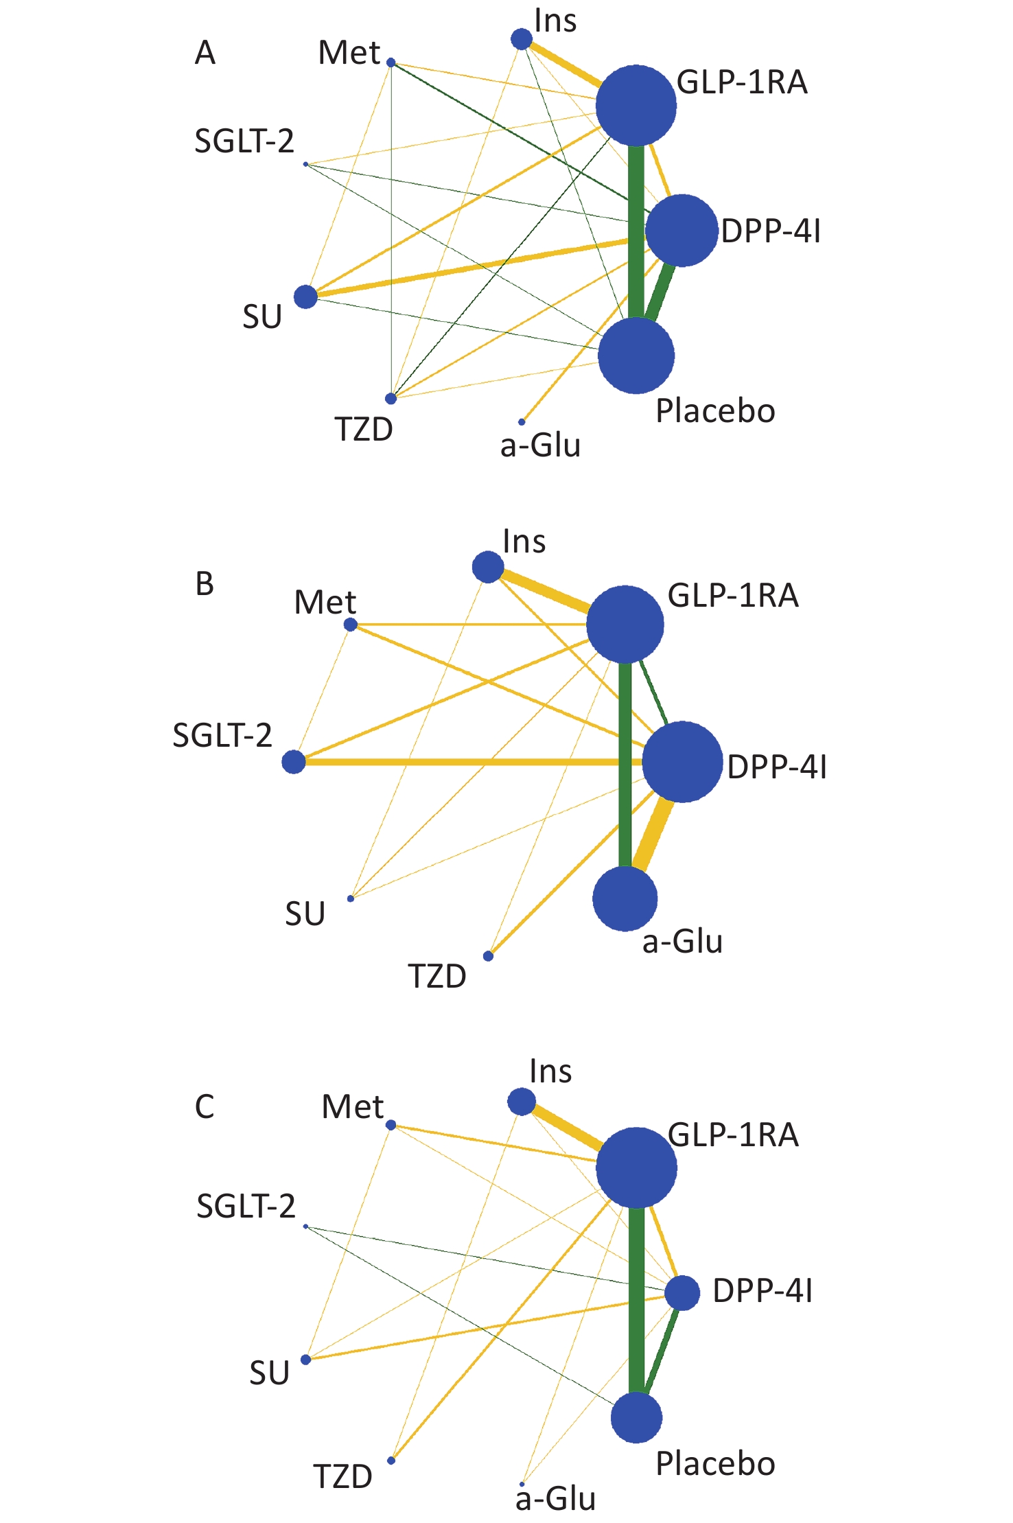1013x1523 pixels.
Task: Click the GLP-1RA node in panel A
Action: pyautogui.click(x=636, y=106)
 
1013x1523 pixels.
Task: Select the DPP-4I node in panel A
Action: pyautogui.click(x=682, y=231)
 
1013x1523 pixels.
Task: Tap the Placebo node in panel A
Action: pyautogui.click(x=636, y=356)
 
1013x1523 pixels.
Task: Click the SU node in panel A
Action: pyautogui.click(x=305, y=297)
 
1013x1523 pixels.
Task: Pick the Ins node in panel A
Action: pyautogui.click(x=522, y=39)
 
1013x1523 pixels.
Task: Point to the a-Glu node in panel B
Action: pyautogui.click(x=625, y=898)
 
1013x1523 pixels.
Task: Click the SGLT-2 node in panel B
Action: pyautogui.click(x=294, y=761)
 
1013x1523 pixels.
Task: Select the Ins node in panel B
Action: pyautogui.click(x=488, y=568)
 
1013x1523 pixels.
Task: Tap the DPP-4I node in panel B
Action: pyautogui.click(x=682, y=761)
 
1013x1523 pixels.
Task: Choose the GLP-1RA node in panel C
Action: pyautogui.click(x=636, y=1167)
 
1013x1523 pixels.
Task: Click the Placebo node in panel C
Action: pyautogui.click(x=636, y=1417)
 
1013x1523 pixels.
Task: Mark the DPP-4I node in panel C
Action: pyautogui.click(x=682, y=1293)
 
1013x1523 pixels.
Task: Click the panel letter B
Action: pyautogui.click(x=205, y=584)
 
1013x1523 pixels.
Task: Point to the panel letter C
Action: pyautogui.click(x=205, y=1107)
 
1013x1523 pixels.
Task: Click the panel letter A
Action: pyautogui.click(x=205, y=53)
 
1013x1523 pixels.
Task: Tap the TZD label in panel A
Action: pyautogui.click(x=364, y=430)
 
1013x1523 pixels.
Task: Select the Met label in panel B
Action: pyautogui.click(x=325, y=603)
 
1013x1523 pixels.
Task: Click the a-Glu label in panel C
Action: pyautogui.click(x=555, y=1499)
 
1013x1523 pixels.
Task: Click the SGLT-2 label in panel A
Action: pyautogui.click(x=244, y=141)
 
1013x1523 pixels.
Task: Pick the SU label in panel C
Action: pyautogui.click(x=269, y=1373)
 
